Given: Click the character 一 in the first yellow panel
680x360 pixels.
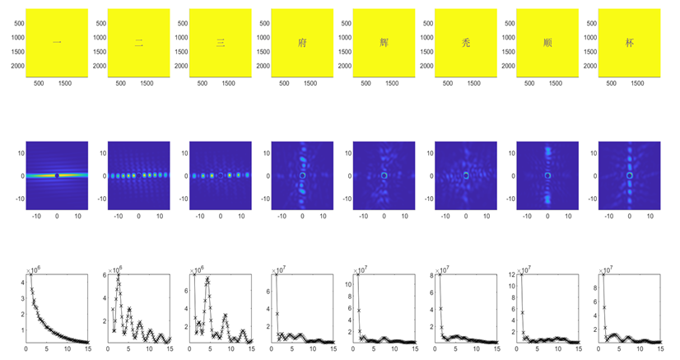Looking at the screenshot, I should point(57,43).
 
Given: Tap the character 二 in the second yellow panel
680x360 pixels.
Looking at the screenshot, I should point(138,43).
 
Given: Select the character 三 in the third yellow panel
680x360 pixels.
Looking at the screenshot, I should point(220,43).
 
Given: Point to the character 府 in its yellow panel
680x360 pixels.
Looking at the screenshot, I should point(302,43).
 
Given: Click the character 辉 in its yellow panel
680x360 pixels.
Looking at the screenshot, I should point(384,43).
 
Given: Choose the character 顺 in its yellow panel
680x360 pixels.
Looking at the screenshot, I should point(547,43).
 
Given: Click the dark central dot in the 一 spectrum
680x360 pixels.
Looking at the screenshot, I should point(57,175).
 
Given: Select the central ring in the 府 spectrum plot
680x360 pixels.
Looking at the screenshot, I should point(302,175).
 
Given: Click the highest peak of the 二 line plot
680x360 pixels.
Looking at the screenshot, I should point(119,278).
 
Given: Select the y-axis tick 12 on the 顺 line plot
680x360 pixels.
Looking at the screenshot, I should point(512,274).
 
